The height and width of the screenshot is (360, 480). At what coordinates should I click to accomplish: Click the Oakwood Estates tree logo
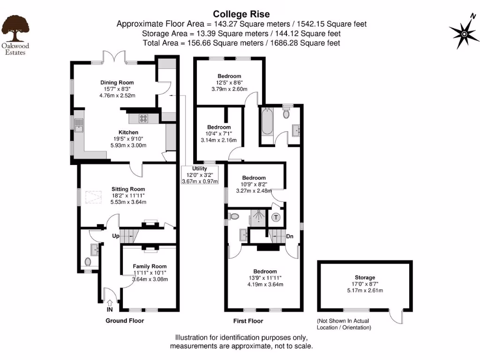tap(15, 29)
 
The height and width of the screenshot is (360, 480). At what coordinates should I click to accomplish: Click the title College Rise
tap(241, 14)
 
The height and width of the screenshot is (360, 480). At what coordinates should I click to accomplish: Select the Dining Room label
tap(117, 82)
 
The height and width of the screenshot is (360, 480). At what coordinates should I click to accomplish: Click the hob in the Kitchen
tap(143, 118)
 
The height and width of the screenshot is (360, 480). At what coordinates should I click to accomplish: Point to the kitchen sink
tap(79, 126)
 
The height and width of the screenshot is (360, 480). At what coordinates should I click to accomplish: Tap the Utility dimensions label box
tap(200, 175)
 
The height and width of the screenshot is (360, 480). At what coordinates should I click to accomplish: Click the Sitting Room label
tap(128, 189)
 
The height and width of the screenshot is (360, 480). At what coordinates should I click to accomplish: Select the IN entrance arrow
tap(110, 303)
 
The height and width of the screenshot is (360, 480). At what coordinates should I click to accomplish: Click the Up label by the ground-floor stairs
tap(116, 236)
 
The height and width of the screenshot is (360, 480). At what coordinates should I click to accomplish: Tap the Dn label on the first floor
tap(290, 236)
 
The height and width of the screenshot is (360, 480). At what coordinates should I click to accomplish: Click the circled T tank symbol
tap(276, 217)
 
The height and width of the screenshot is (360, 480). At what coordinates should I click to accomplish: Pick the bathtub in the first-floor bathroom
tap(267, 121)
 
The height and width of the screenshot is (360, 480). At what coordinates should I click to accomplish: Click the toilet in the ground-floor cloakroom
tap(88, 262)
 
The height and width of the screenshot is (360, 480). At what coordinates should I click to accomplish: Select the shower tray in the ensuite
tap(258, 217)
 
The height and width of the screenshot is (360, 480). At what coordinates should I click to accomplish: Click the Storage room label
tap(365, 277)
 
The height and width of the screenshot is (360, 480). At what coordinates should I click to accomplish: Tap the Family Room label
tap(150, 266)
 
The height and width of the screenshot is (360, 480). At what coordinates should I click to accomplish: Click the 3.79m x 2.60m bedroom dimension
tap(229, 89)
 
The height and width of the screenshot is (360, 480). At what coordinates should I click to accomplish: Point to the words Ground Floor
tap(125, 321)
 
